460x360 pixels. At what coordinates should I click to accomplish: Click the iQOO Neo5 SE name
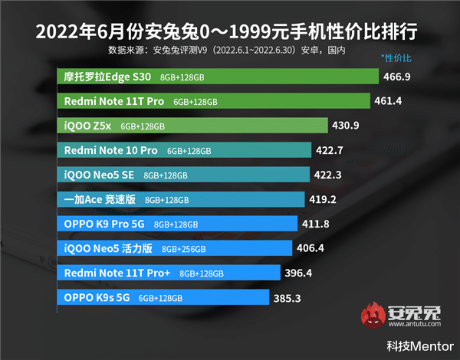(99, 175)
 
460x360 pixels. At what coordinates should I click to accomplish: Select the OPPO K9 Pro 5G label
(105, 224)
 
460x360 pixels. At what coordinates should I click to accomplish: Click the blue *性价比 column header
(396, 58)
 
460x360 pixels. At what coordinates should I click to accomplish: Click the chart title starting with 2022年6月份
(230, 33)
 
